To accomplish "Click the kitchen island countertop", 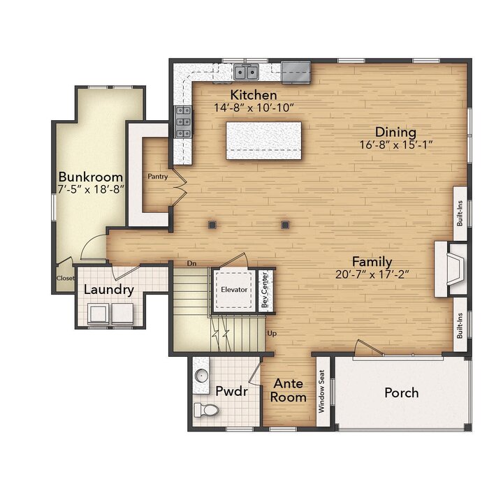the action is (263, 140).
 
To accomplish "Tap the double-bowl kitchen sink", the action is (246, 71).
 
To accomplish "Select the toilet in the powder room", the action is (206, 410).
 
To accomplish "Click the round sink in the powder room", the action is (201, 374).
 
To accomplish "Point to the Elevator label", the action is (234, 290).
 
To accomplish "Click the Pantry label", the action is (157, 177).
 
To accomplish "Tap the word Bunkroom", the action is (90, 177).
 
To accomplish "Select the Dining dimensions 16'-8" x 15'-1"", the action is (396, 145).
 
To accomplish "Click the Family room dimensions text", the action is (372, 274).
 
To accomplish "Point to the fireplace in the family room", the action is (451, 269).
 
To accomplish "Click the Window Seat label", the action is (322, 391).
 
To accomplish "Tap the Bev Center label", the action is (265, 290).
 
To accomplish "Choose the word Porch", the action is (402, 392).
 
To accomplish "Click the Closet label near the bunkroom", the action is (66, 278).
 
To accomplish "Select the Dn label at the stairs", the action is (192, 263).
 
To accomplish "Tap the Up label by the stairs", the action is (272, 334).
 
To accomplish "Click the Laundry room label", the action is (109, 290).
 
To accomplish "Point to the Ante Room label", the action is (288, 390).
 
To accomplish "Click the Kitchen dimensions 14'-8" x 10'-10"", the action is (254, 108).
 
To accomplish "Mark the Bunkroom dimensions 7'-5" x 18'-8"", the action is (90, 189).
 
